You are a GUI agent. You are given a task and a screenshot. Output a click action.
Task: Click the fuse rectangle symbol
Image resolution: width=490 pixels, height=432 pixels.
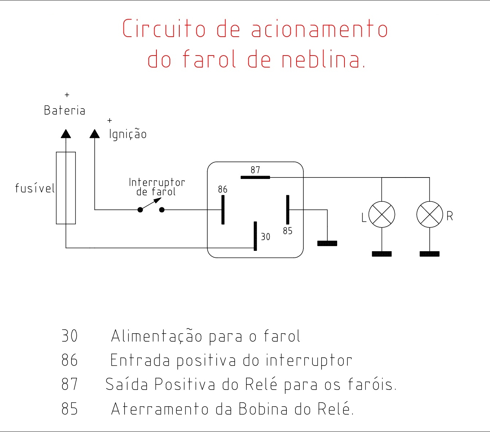pos(66,188)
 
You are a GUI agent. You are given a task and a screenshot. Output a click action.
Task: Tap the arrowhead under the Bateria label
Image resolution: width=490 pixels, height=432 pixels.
pos(66,134)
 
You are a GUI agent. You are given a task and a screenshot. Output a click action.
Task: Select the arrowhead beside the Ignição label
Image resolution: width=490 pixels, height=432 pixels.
pos(95,134)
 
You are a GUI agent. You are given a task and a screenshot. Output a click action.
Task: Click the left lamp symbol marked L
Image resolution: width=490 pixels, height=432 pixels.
pos(382,215)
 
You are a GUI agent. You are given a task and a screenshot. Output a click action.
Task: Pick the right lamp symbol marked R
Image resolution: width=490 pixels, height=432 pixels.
pos(430,215)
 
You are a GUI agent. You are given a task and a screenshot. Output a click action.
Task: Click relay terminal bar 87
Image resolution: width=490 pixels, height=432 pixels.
pos(255,177)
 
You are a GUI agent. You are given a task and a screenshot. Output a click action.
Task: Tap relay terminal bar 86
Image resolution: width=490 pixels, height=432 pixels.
pos(223,210)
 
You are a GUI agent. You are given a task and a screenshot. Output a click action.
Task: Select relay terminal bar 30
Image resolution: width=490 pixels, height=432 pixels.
pos(255,236)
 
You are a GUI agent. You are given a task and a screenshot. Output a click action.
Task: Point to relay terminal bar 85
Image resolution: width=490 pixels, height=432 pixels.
pos(287,210)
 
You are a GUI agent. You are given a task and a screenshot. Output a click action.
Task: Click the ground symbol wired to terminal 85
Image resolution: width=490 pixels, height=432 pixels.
pos(327,243)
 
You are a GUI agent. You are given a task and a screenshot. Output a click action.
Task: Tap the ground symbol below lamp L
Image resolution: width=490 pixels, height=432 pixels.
pos(382,254)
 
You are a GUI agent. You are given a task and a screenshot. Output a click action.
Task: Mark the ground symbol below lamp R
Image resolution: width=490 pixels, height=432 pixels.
pos(430,254)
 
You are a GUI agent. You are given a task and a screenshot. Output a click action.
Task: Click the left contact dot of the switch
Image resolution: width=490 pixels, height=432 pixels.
pos(140,210)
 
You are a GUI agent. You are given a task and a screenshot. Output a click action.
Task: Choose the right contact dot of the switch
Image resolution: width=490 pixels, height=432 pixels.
pos(162,210)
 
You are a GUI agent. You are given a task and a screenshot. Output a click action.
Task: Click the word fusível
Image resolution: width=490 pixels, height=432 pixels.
pos(35,188)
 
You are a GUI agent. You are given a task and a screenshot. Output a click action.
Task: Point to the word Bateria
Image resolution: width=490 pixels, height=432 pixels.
pos(65,110)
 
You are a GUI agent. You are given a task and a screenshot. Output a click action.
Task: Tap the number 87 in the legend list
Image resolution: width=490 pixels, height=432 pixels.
pos(69,384)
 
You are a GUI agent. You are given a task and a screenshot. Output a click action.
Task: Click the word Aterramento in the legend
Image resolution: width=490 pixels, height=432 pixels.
pos(160,409)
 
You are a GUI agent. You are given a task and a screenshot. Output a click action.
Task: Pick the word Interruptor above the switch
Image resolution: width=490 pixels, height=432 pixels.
pos(157,182)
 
